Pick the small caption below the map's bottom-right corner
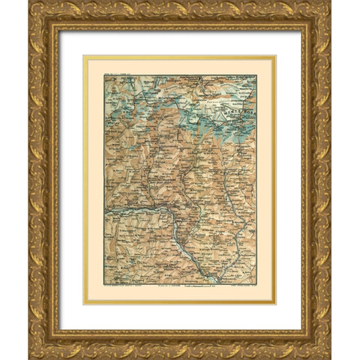coord(238,286)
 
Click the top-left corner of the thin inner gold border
coord(84,55)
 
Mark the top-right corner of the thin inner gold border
coord(276,55)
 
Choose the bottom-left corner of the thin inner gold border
coord(84,304)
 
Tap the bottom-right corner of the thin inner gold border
coord(276,304)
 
